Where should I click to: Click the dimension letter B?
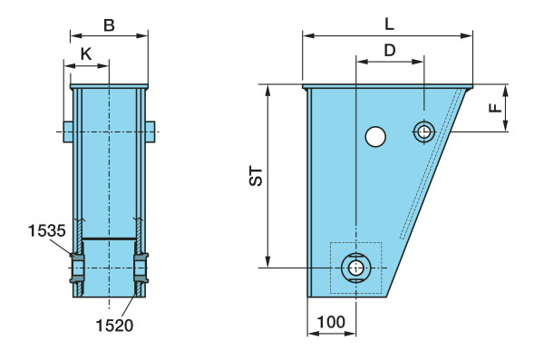(109, 25)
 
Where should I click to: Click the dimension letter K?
(86, 54)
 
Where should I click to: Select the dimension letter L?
(390, 24)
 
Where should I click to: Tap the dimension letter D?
(390, 51)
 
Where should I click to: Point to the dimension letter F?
(496, 108)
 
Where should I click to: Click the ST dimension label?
(257, 176)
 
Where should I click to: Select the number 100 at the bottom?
(331, 322)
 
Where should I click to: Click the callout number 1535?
(46, 230)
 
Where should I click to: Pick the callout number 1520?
(114, 326)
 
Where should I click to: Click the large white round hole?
(375, 136)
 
